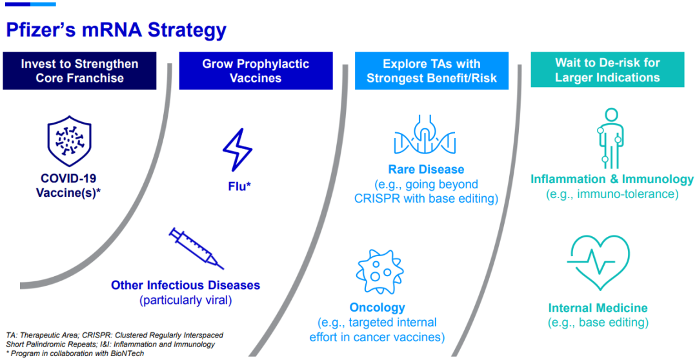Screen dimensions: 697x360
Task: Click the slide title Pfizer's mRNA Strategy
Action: point(116,30)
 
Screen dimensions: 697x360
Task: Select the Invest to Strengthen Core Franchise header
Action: point(79,71)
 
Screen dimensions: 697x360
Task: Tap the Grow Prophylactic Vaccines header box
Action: point(256,71)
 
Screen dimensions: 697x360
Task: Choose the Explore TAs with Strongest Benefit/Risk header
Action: point(432,71)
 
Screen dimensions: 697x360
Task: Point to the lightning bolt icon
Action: point(237,150)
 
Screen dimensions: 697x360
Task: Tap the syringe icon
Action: point(196,248)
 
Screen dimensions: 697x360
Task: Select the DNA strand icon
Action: point(425,135)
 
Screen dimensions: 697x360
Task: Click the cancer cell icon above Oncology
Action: point(379,271)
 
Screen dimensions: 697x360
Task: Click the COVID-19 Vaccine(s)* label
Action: point(69,185)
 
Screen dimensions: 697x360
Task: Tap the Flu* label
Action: point(239,186)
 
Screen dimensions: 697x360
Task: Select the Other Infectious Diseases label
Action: point(185,285)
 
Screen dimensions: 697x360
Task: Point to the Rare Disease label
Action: point(426,169)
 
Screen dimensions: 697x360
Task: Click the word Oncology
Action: point(378,308)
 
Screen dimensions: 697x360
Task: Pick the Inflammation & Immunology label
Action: point(612,179)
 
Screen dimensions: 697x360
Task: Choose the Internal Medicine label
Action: point(598,308)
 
